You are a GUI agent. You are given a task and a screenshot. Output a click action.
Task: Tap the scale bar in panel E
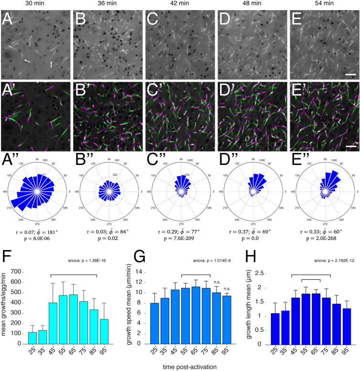click(x=349, y=75)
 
